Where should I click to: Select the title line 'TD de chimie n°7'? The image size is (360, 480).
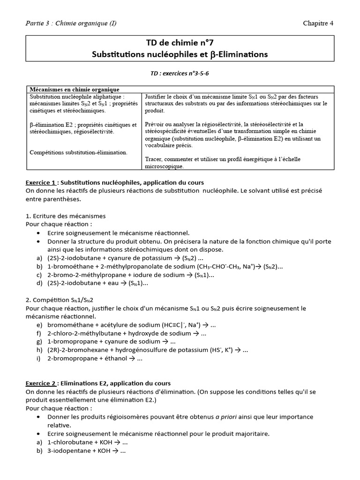(x=180, y=43)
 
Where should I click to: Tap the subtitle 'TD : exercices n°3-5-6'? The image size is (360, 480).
(x=180, y=73)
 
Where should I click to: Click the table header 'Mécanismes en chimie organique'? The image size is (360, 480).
(x=75, y=89)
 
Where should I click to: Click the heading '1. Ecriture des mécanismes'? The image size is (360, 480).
(x=66, y=216)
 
